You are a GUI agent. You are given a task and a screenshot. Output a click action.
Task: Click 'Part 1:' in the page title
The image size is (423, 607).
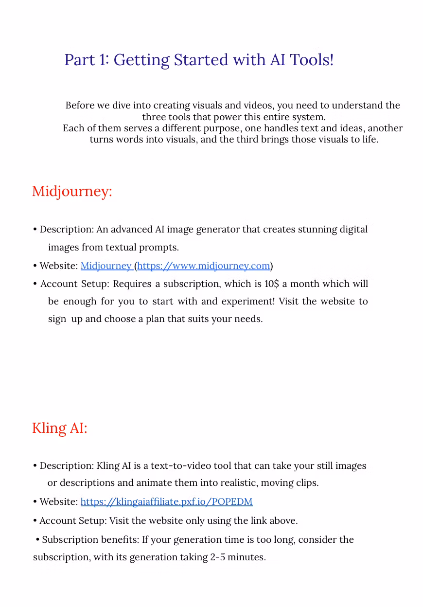point(87,60)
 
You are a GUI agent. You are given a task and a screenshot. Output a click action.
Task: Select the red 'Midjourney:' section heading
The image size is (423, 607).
point(72,191)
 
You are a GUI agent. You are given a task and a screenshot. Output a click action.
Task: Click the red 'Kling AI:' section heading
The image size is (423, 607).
point(59,428)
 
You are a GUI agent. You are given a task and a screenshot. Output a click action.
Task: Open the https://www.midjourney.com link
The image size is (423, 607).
point(204,266)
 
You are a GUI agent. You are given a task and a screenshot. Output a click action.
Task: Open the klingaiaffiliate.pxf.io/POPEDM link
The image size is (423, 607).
point(166,501)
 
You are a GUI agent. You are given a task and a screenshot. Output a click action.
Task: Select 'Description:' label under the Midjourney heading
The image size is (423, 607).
point(67,229)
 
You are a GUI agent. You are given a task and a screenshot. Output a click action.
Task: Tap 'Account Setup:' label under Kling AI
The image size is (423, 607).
point(73,520)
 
